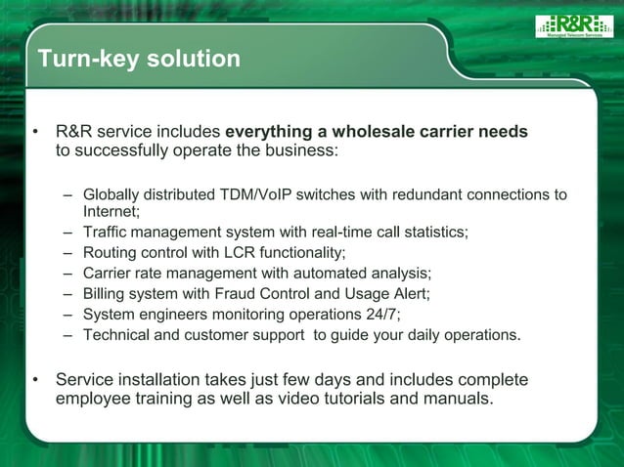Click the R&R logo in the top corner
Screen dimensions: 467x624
(573, 26)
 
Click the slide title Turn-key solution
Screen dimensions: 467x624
(139, 60)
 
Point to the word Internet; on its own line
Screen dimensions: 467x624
(111, 210)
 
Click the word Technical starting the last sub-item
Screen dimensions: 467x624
(117, 334)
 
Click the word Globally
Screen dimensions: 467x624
(114, 194)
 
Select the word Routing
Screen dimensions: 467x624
(110, 252)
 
